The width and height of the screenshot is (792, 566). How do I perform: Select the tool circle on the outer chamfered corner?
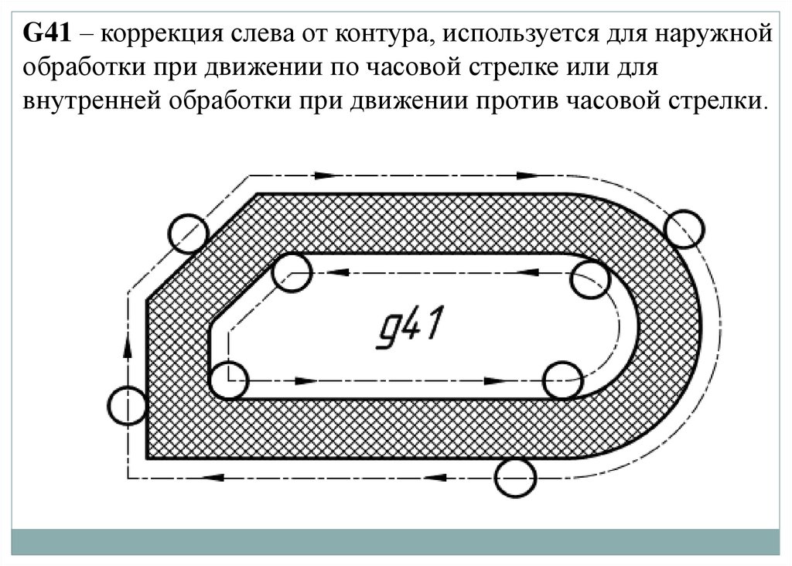[x=187, y=231]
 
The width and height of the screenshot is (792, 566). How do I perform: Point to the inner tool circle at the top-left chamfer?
[x=292, y=272]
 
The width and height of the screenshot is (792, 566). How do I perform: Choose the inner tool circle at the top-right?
[x=592, y=279]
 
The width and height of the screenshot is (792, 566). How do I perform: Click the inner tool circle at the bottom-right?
[x=562, y=380]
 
